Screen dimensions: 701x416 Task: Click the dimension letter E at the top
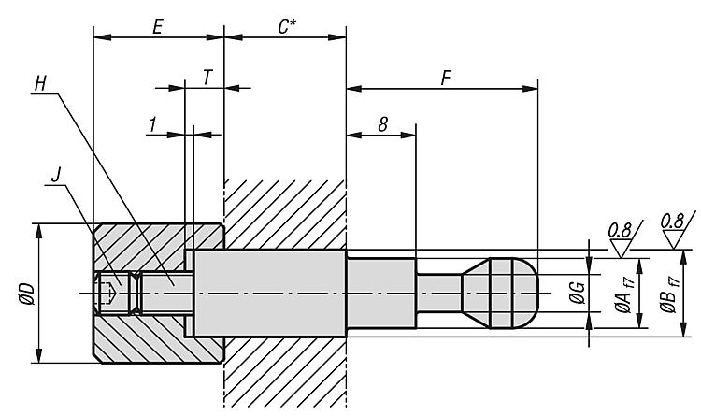coord(157,27)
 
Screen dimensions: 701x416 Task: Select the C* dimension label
coord(287,27)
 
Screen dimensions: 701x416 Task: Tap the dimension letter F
coord(445,78)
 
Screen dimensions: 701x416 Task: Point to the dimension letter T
coord(207,77)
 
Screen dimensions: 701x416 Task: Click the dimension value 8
coord(382,125)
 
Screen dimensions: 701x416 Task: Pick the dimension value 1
coord(154,124)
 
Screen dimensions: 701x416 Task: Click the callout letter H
coord(40,83)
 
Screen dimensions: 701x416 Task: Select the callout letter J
coord(55,175)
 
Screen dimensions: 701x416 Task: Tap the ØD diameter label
coord(26,294)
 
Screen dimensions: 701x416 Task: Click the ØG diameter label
coord(578,293)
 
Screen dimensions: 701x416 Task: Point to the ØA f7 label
coord(623,294)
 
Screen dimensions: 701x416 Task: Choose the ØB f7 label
coord(669,294)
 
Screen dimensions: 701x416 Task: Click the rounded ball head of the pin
coord(515,293)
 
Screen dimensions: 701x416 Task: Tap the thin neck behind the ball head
coord(438,293)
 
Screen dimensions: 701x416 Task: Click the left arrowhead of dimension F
coord(353,89)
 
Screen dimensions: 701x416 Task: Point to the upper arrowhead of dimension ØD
coord(39,231)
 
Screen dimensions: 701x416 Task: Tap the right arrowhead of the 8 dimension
coord(408,135)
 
